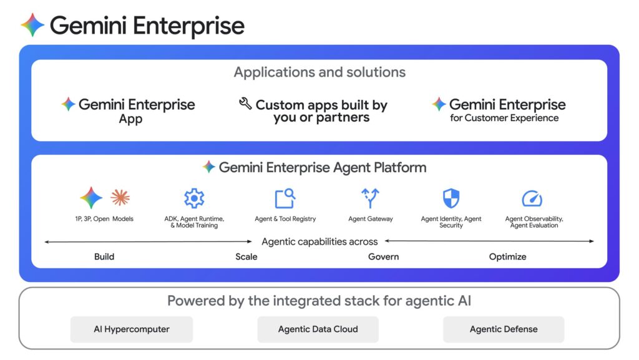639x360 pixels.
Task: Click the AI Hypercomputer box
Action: click(x=131, y=329)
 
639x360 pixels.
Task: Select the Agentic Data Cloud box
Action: click(x=318, y=329)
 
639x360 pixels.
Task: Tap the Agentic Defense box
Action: click(x=504, y=329)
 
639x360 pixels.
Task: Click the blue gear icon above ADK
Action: click(x=194, y=198)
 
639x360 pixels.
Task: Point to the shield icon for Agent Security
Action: click(x=451, y=198)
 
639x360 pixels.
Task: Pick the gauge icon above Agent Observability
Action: click(x=532, y=199)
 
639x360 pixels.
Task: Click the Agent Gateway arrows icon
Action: click(x=370, y=198)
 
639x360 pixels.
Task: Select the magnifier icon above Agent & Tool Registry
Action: click(x=285, y=198)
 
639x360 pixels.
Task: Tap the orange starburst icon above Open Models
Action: click(x=120, y=198)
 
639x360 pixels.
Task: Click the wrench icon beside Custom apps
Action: click(x=245, y=104)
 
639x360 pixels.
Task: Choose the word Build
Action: click(x=104, y=256)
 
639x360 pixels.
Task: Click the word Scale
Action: click(x=246, y=256)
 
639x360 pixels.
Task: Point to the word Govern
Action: click(x=383, y=256)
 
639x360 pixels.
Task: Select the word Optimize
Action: click(x=507, y=256)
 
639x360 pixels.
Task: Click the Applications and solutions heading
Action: click(x=319, y=72)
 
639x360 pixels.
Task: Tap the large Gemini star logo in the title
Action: click(x=32, y=26)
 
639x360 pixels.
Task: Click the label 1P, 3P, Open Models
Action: click(x=104, y=219)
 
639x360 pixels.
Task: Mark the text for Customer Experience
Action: click(x=504, y=118)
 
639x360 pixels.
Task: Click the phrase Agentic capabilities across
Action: click(x=319, y=241)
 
